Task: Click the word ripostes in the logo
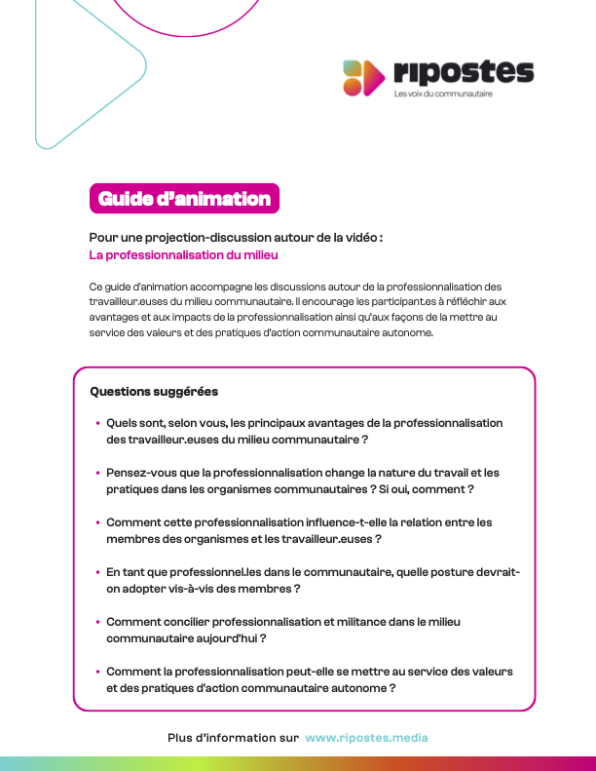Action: [x=464, y=72]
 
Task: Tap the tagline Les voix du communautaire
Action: [x=443, y=95]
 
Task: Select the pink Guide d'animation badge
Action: [x=184, y=199]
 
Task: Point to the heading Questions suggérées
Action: [x=154, y=392]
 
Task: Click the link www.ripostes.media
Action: [x=366, y=738]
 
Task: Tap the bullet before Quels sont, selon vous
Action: [x=97, y=423]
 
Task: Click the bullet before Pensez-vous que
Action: [x=97, y=473]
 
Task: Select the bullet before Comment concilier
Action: [x=97, y=622]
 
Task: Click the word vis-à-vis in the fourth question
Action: [x=196, y=589]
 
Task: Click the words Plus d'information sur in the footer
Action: [x=233, y=738]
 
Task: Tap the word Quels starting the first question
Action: [x=123, y=423]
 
